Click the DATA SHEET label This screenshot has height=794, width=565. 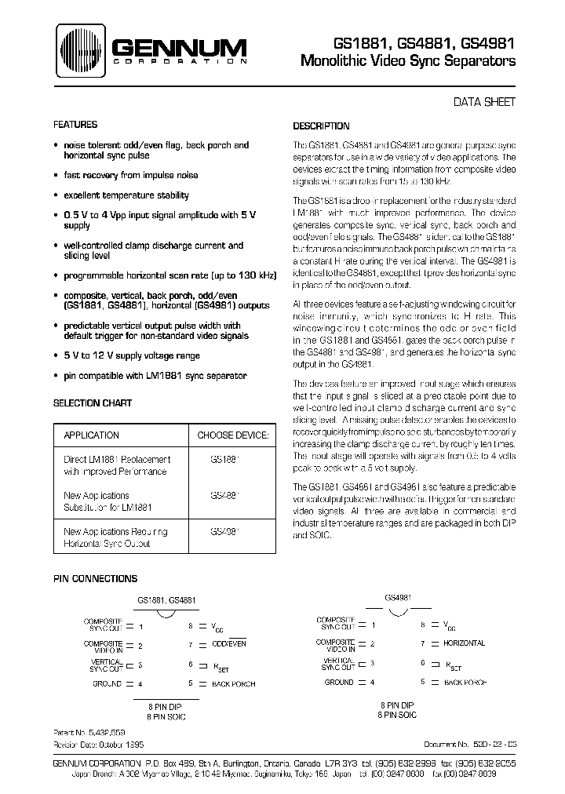pyautogui.click(x=485, y=102)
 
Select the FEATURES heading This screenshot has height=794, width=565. pyautogui.click(x=75, y=125)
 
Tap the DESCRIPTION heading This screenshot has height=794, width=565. pyautogui.click(x=321, y=126)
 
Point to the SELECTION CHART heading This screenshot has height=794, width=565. pyautogui.click(x=93, y=403)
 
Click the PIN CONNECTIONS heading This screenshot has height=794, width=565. pyautogui.click(x=95, y=578)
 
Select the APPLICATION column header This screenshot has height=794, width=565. pyautogui.click(x=91, y=435)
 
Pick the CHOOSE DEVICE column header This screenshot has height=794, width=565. pyautogui.click(x=233, y=435)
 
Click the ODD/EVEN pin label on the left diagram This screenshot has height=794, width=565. pyautogui.click(x=228, y=643)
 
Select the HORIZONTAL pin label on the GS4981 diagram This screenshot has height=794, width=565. pyautogui.click(x=464, y=643)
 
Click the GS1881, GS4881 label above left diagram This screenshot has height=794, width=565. pyautogui.click(x=166, y=600)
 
